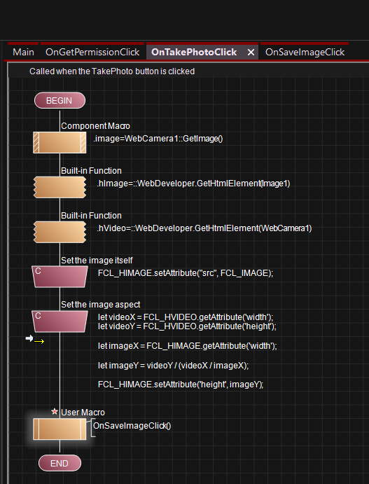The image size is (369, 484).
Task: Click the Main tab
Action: (23, 52)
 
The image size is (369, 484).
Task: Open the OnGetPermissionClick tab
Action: (92, 52)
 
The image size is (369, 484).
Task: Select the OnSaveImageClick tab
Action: (305, 52)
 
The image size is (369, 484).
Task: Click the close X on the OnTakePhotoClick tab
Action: (251, 53)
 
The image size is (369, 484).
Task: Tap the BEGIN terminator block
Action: (60, 101)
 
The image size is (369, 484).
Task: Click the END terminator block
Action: (60, 463)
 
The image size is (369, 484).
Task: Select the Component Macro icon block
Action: (60, 142)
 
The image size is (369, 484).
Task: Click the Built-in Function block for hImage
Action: (60, 187)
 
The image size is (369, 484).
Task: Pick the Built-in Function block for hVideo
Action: (60, 232)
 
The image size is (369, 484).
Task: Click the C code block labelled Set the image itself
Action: (60, 277)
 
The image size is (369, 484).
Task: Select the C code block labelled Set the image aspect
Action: (60, 321)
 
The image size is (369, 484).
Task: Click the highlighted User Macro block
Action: (60, 429)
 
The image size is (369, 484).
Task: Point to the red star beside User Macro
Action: (55, 411)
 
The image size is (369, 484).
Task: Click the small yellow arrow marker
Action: (39, 341)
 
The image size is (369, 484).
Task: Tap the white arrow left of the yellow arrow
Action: (29, 338)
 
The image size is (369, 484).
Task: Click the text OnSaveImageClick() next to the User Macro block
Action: (132, 426)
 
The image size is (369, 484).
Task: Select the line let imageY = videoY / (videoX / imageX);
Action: (173, 366)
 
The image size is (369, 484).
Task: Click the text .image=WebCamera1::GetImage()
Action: (158, 139)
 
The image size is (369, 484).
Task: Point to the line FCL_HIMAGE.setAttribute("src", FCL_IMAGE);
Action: (186, 273)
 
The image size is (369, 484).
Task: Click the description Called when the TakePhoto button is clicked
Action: (112, 71)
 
